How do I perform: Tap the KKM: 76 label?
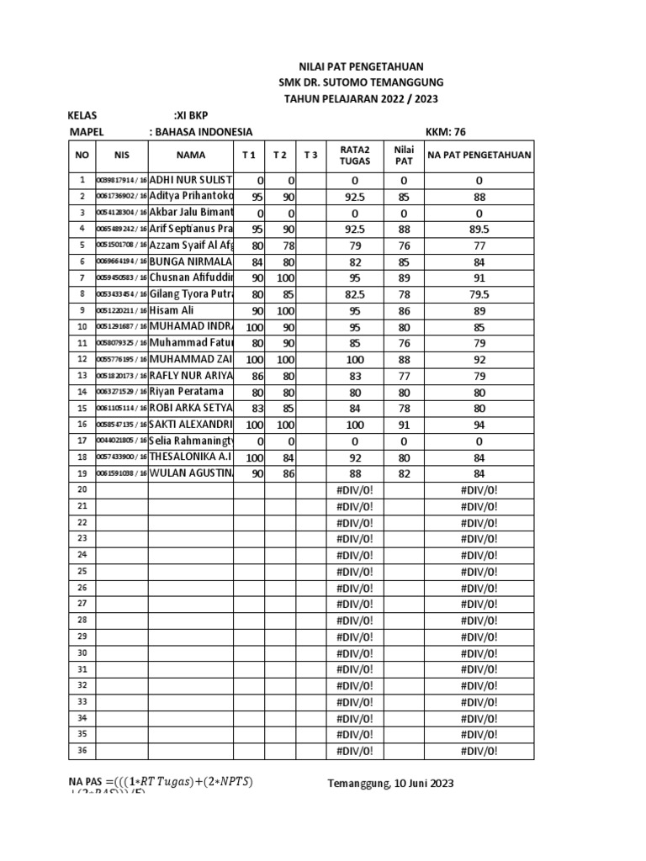(x=447, y=131)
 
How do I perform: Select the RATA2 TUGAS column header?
(x=354, y=155)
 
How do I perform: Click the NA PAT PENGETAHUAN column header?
(x=479, y=155)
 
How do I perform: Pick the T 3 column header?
(x=310, y=155)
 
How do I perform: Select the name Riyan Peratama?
(x=187, y=392)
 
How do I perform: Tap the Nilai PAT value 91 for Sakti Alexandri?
(x=403, y=425)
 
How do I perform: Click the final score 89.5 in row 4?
(x=479, y=229)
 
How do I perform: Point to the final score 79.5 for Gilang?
(x=479, y=294)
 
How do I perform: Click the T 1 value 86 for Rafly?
(x=255, y=376)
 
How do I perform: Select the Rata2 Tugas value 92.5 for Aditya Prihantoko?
(x=354, y=197)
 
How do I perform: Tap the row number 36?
(x=82, y=751)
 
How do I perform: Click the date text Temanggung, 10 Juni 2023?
(x=390, y=783)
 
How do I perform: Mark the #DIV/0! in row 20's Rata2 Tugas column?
(x=354, y=490)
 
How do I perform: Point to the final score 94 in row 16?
(x=479, y=425)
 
